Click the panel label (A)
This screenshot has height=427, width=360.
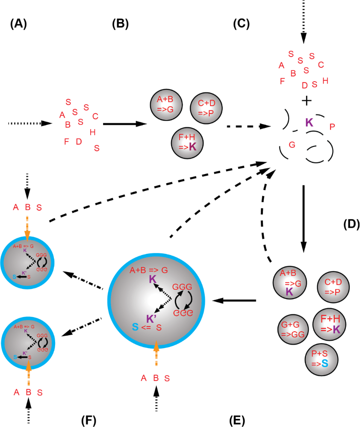(18, 24)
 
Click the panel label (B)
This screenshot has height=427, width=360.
(120, 24)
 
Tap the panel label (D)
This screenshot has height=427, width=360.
(351, 224)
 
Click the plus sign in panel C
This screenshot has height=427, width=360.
(307, 100)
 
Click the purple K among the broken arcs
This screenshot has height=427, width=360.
(309, 123)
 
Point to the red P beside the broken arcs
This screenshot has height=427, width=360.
(332, 127)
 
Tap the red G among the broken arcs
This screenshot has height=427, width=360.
(292, 145)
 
